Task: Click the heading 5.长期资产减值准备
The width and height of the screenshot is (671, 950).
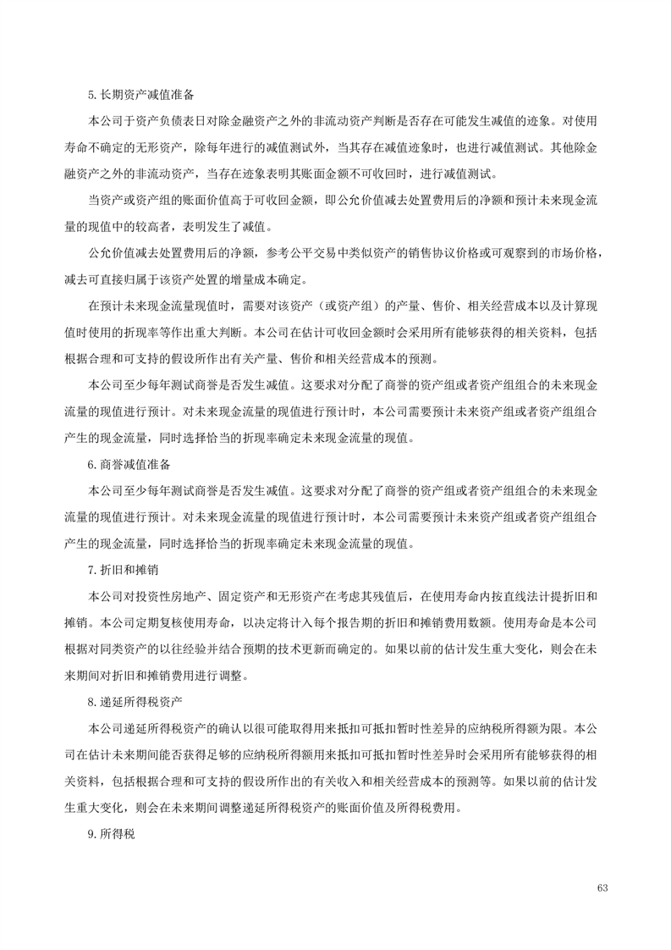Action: click(x=141, y=94)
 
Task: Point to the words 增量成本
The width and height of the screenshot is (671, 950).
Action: click(x=263, y=279)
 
